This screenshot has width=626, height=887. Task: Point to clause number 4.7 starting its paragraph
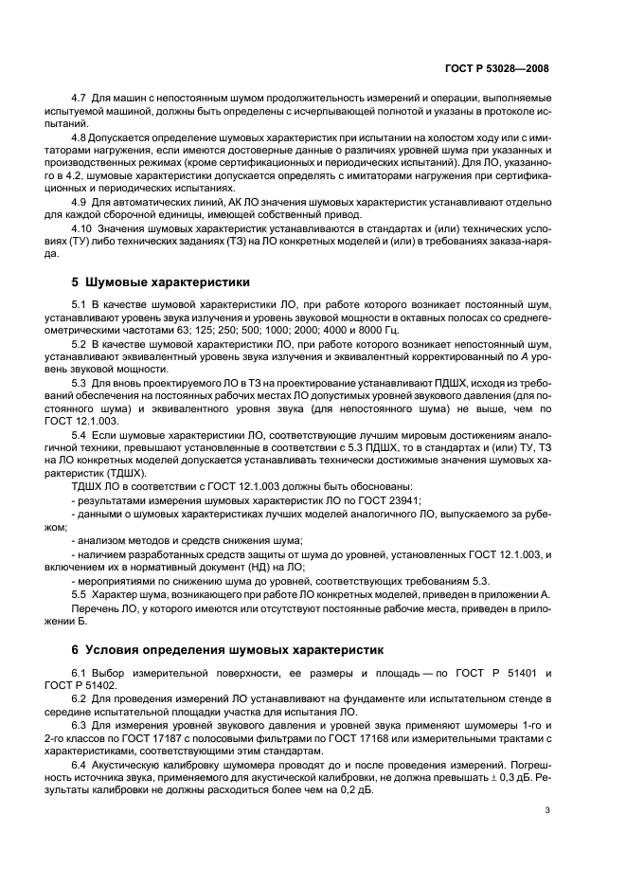(x=80, y=99)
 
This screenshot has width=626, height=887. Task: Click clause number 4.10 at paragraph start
(x=83, y=229)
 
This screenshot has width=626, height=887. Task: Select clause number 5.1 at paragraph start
(x=80, y=303)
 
